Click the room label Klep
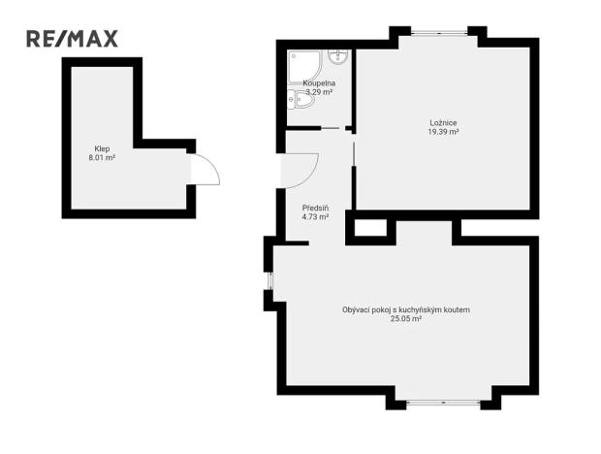102,148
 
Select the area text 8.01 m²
102,157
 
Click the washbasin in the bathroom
338,55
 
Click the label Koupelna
319,83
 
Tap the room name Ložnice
443,122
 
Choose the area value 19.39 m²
443,131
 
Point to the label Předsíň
315,208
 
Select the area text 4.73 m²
315,216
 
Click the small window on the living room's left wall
270,281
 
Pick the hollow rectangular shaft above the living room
369,229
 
